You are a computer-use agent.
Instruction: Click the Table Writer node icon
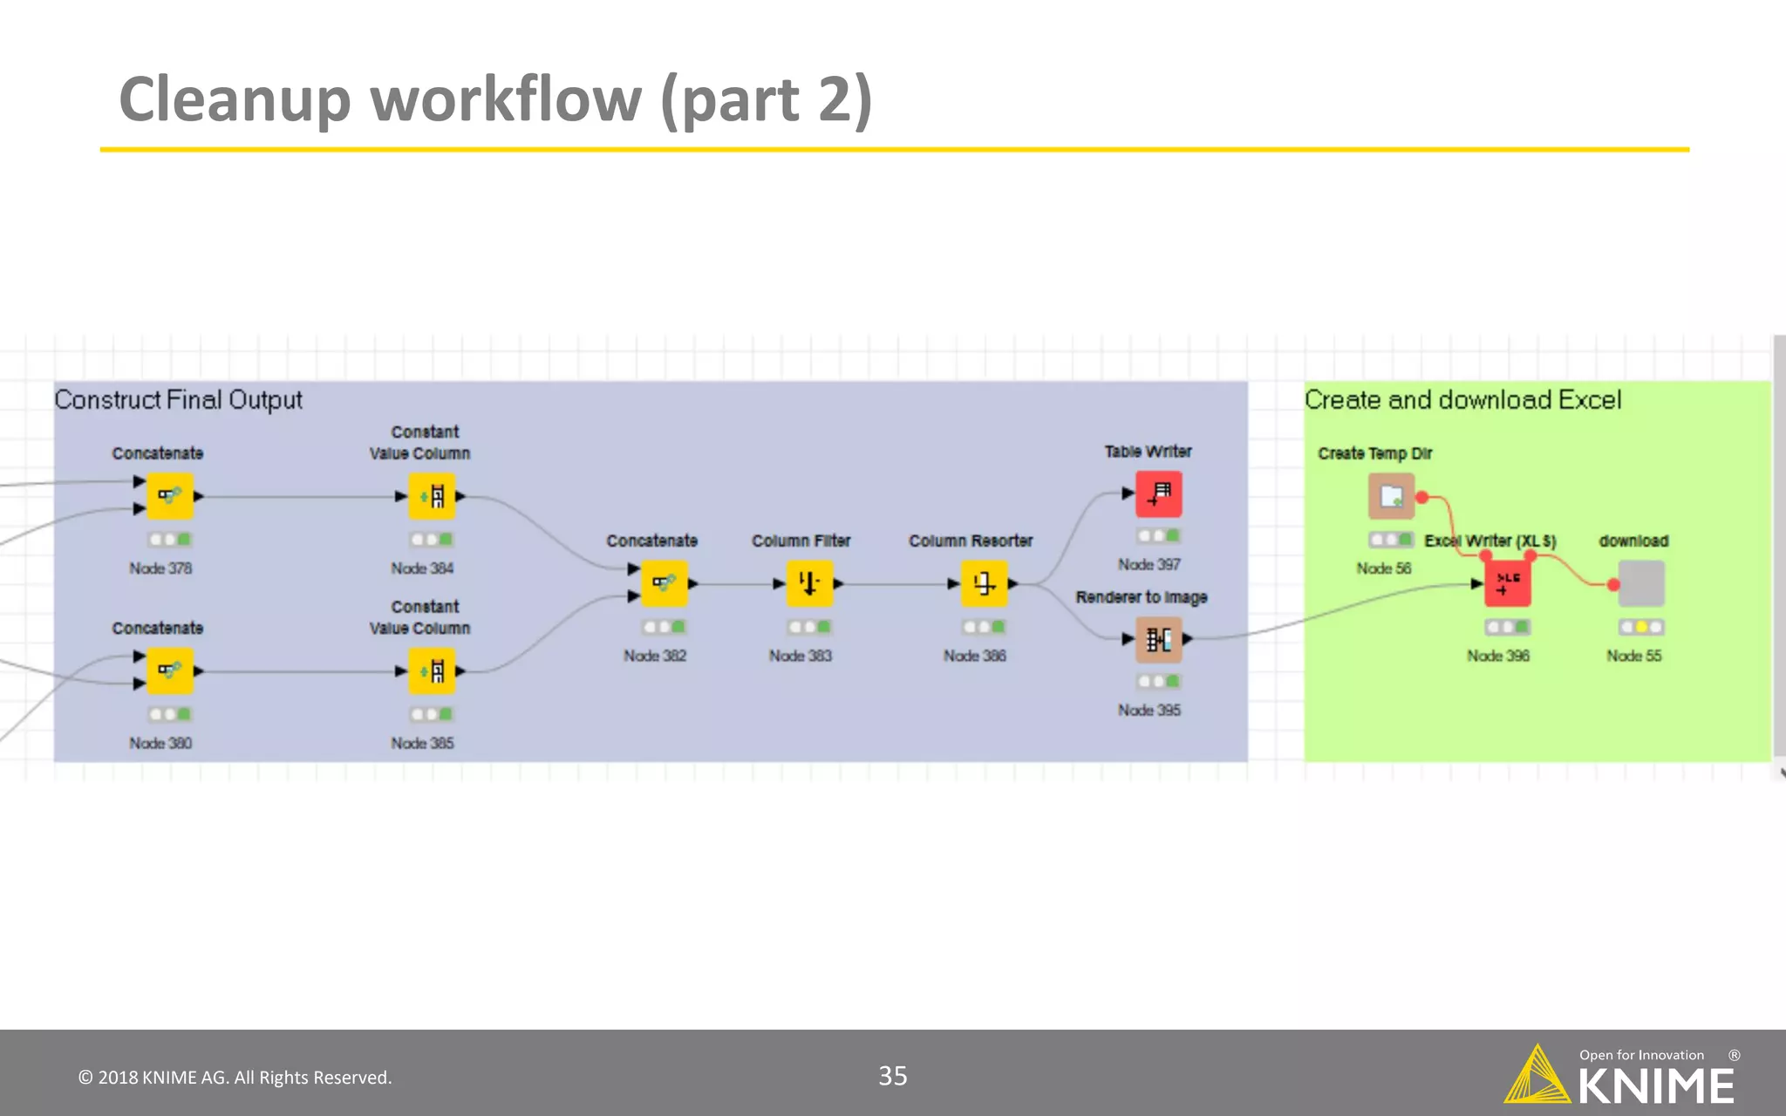click(x=1158, y=494)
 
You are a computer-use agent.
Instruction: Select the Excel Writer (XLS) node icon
click(x=1507, y=583)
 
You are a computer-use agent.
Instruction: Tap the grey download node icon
click(x=1641, y=583)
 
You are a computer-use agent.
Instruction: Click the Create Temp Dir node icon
click(x=1391, y=496)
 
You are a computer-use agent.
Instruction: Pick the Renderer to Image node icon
click(x=1158, y=640)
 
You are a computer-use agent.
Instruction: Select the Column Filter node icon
click(x=809, y=583)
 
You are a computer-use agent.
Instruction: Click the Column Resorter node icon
click(x=984, y=583)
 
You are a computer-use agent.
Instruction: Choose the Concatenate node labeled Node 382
click(x=664, y=583)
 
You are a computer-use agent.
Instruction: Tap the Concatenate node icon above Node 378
click(x=169, y=496)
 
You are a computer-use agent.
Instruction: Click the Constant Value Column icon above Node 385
click(x=432, y=670)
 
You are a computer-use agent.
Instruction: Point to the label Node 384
click(x=422, y=568)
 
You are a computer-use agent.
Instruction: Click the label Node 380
click(x=160, y=743)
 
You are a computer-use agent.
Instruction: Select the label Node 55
click(x=1633, y=656)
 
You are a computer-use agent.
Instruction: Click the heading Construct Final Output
click(x=178, y=399)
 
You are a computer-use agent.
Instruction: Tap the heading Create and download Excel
click(x=1462, y=399)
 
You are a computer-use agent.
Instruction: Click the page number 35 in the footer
click(x=892, y=1076)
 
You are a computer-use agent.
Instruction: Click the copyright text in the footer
click(x=235, y=1078)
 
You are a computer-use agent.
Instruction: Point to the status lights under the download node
click(x=1641, y=627)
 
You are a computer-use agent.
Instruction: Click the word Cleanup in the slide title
click(x=234, y=99)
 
